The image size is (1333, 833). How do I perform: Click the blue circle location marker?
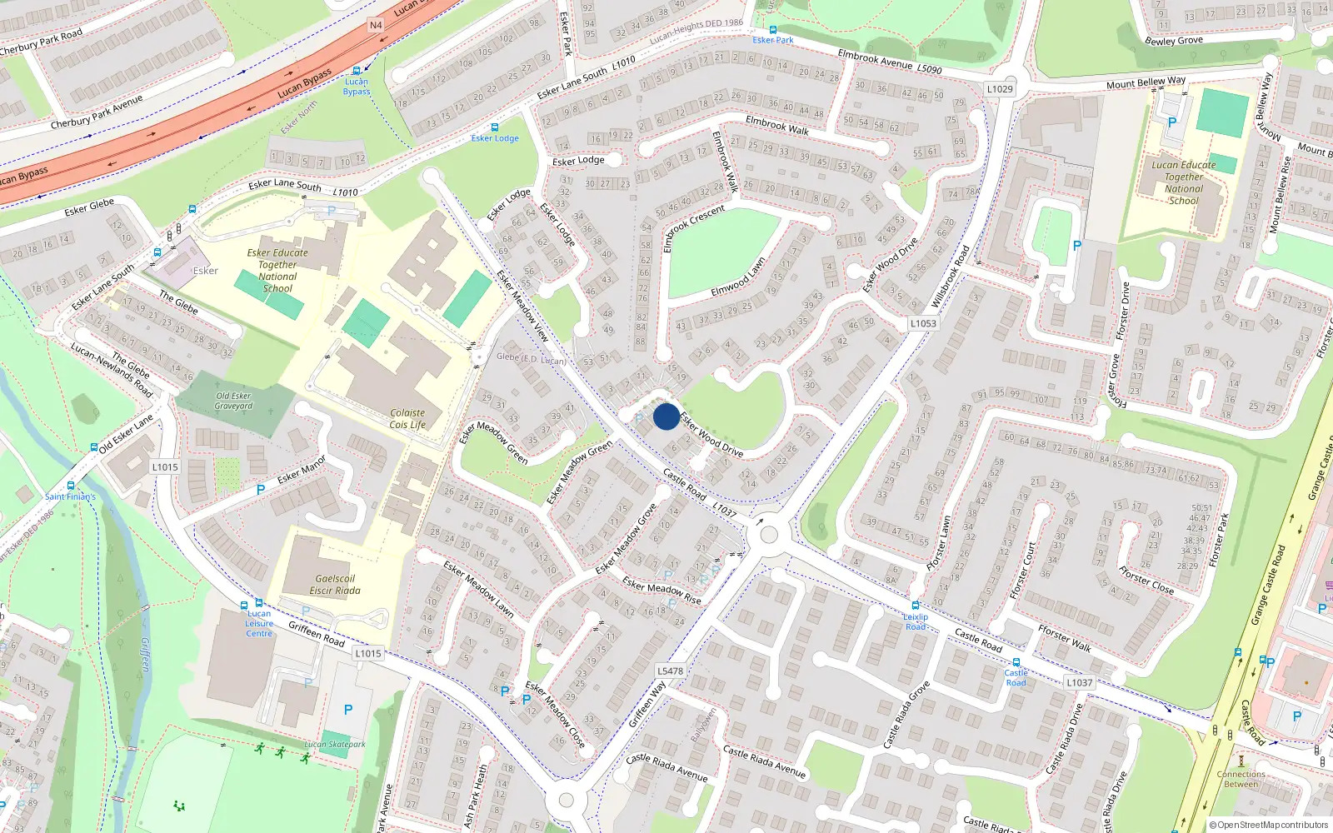click(666, 416)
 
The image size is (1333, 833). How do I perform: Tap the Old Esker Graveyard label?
click(233, 401)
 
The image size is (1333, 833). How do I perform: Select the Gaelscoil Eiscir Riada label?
click(335, 584)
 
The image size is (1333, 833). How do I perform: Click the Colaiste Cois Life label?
click(407, 418)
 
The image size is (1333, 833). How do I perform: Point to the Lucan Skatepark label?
click(335, 744)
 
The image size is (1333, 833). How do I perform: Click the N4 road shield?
click(376, 25)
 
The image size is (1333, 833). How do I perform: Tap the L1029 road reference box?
click(1000, 89)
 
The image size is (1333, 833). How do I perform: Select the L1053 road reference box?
click(923, 323)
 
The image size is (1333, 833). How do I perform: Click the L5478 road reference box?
click(670, 671)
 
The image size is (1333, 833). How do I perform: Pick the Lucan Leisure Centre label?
click(259, 623)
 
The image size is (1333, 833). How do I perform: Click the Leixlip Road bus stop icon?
click(916, 606)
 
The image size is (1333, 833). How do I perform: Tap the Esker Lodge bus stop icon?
click(495, 127)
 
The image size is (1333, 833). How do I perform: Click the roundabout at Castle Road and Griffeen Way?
click(768, 534)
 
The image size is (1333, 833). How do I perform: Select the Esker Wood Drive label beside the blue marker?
click(711, 436)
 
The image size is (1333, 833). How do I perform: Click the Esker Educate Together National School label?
click(277, 270)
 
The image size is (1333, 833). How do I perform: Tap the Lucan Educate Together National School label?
click(1183, 182)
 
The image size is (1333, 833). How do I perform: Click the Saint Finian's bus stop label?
click(70, 496)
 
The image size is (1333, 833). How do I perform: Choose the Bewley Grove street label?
click(1173, 40)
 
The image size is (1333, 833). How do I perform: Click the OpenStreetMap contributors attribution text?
click(1269, 825)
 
